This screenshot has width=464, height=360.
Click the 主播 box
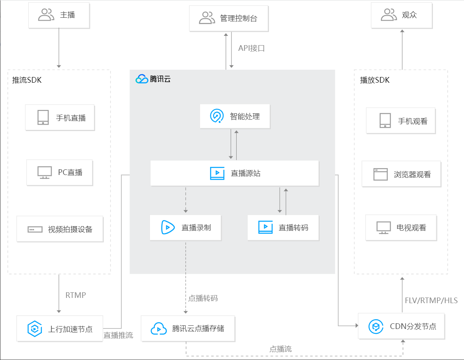[x=59, y=15]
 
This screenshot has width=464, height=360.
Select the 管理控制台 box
[x=229, y=18]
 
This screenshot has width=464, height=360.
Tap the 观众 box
[x=402, y=15]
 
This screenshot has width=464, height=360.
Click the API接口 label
[x=252, y=48]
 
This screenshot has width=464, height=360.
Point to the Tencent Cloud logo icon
[x=142, y=79]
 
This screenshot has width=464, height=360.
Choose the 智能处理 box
[x=235, y=116]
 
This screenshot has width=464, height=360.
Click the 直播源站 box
[x=235, y=173]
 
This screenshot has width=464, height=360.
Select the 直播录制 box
[x=185, y=227]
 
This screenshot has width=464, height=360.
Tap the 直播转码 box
[x=283, y=227]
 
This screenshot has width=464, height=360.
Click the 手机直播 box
[x=60, y=117]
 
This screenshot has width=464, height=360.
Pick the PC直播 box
[x=60, y=173]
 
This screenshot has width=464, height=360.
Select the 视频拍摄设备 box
[x=60, y=229]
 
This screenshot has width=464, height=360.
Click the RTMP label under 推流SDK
[x=76, y=295]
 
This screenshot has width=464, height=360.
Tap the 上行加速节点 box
[x=60, y=329]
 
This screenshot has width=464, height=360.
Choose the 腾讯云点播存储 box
[x=188, y=329]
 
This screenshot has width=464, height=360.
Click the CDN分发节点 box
[x=401, y=326]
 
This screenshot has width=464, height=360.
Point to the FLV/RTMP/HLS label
[x=431, y=301]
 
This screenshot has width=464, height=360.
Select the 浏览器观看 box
[x=401, y=174]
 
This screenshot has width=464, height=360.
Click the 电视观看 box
[x=401, y=227]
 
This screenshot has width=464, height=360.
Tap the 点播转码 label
[x=203, y=298]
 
